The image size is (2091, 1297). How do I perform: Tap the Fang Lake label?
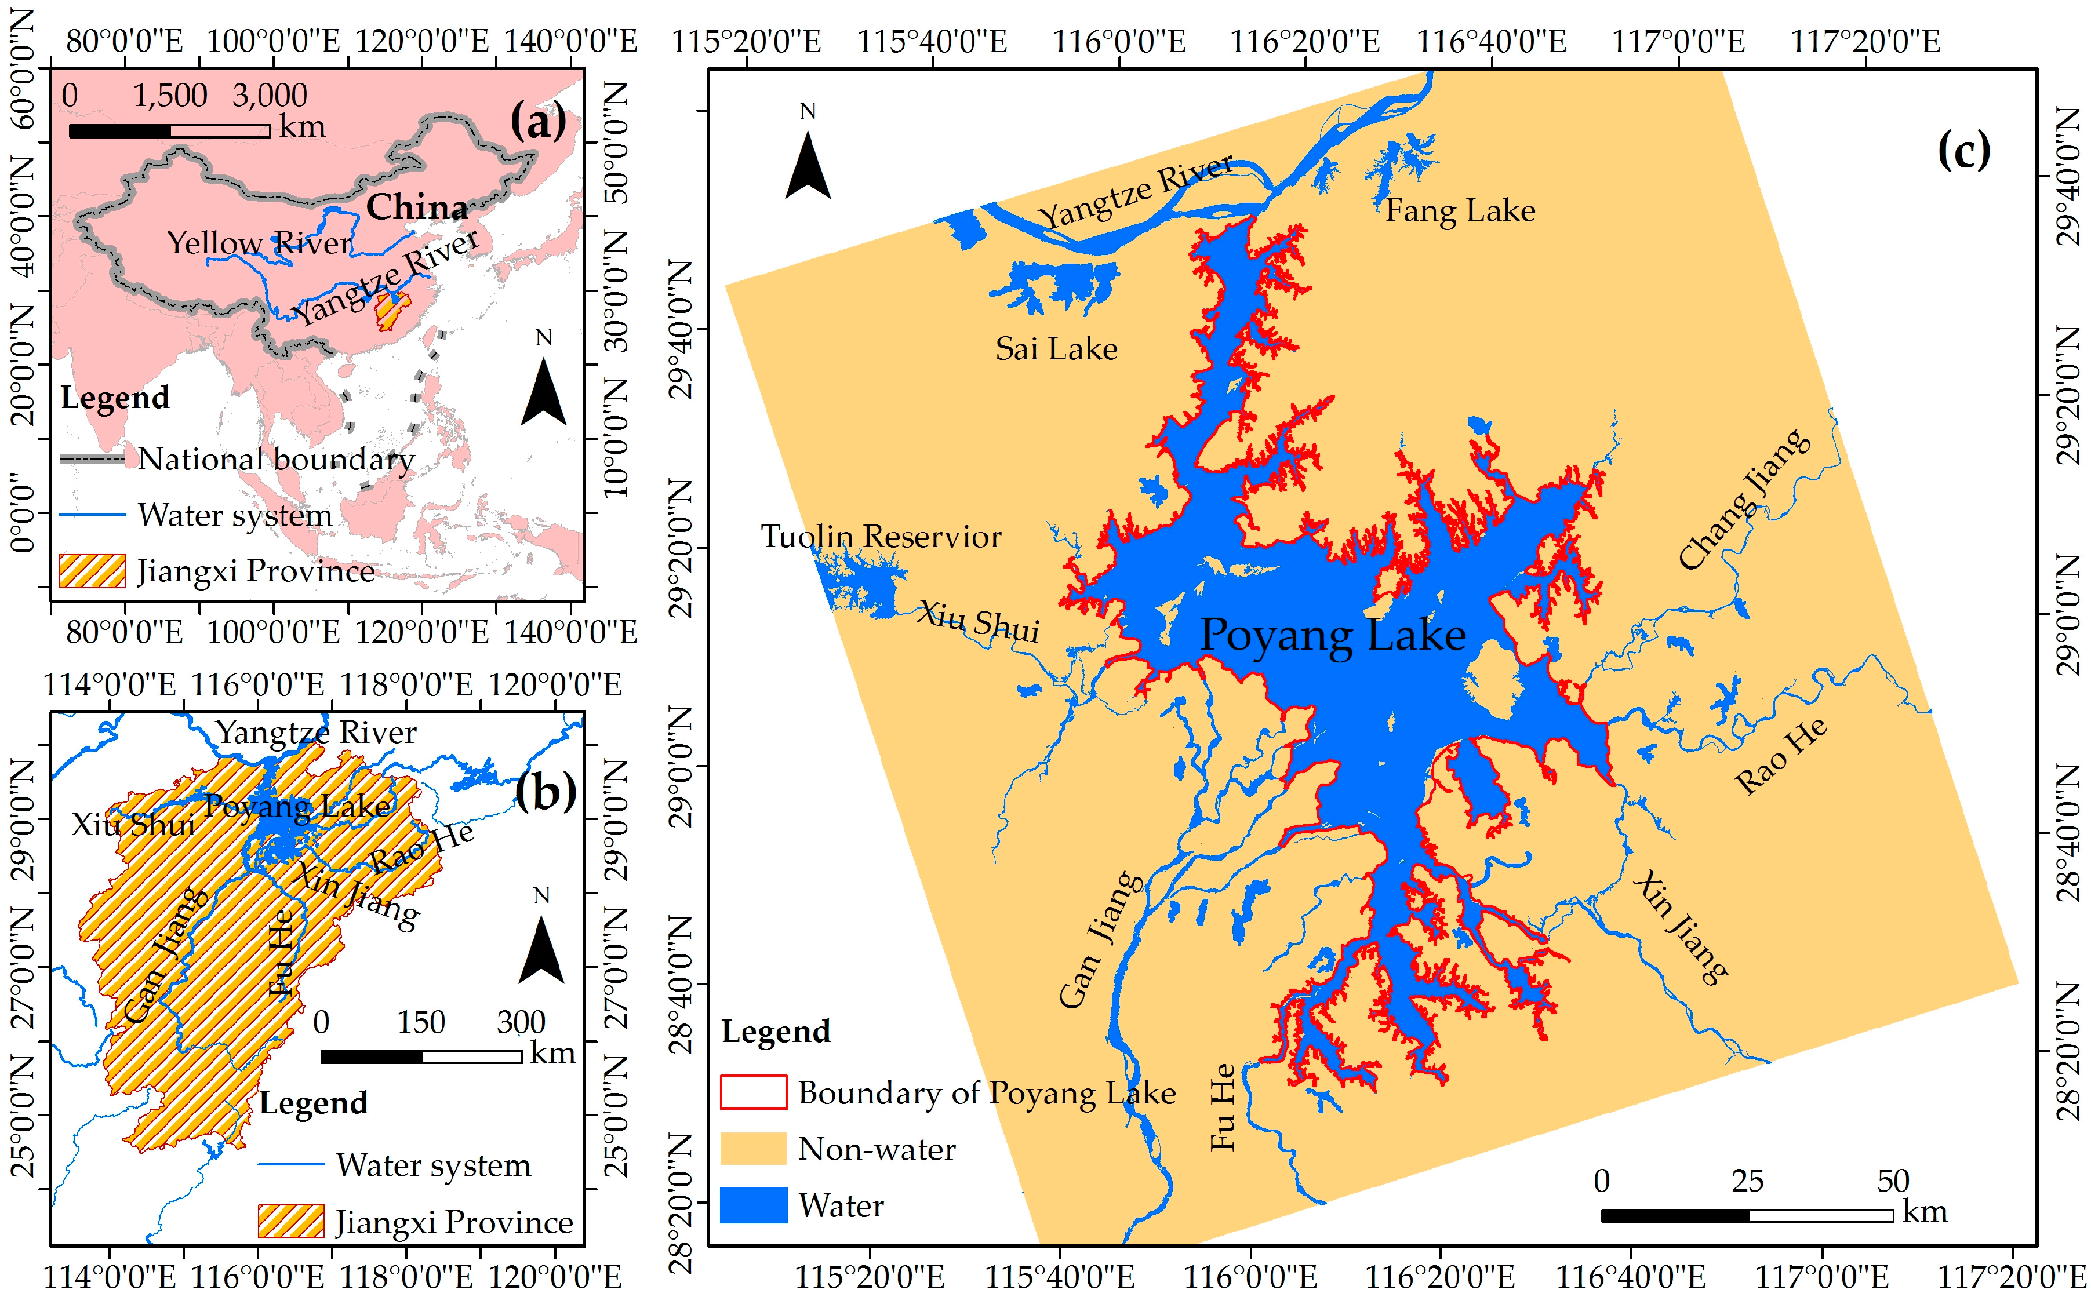[1460, 211]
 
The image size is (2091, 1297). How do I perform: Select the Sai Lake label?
[1056, 349]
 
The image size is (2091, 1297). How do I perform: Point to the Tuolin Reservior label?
[881, 537]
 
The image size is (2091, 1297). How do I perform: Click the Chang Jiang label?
[1744, 500]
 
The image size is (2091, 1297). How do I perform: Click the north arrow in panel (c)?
[808, 167]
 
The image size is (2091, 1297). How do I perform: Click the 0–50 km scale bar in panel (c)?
[1746, 1215]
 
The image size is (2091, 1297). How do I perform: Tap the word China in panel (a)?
[417, 207]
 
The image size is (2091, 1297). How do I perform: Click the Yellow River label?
[259, 243]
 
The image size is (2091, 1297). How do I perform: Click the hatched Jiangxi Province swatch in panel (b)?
[291, 1221]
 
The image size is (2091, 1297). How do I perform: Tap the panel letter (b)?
[545, 791]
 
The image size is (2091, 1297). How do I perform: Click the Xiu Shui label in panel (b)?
[133, 824]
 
